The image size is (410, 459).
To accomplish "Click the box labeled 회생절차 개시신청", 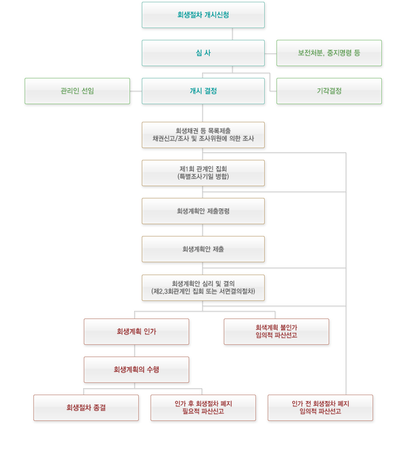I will point(203,15).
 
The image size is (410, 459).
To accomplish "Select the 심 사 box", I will point(203,53).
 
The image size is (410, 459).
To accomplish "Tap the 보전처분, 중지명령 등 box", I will point(329,53).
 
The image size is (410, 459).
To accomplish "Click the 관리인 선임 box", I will point(77,91).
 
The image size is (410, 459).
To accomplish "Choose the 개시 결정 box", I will point(203,91).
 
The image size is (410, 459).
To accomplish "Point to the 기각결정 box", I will point(329,91).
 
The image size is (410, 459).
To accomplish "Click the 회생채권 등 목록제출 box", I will point(203,135).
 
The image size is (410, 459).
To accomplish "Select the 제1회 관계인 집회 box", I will point(203,173).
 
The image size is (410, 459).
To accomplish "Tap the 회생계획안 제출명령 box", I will point(203,211).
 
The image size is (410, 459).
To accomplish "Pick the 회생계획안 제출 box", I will point(203,249).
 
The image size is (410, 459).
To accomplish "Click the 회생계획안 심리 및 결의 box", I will point(203,287).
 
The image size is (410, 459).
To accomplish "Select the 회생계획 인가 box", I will point(136,331).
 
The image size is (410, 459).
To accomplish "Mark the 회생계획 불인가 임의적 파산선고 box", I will point(276,331).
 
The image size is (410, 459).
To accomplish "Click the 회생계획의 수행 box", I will point(136,369).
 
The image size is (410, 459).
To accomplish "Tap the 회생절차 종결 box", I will point(86,407).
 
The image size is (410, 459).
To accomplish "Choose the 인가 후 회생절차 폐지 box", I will point(203,407).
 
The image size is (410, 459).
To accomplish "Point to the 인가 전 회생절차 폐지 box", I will point(320,407).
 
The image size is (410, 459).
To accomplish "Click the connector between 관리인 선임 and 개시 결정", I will point(136,91).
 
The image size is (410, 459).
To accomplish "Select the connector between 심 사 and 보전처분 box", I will point(270,53).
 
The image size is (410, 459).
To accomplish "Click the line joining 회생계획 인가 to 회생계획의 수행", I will point(135,351).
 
